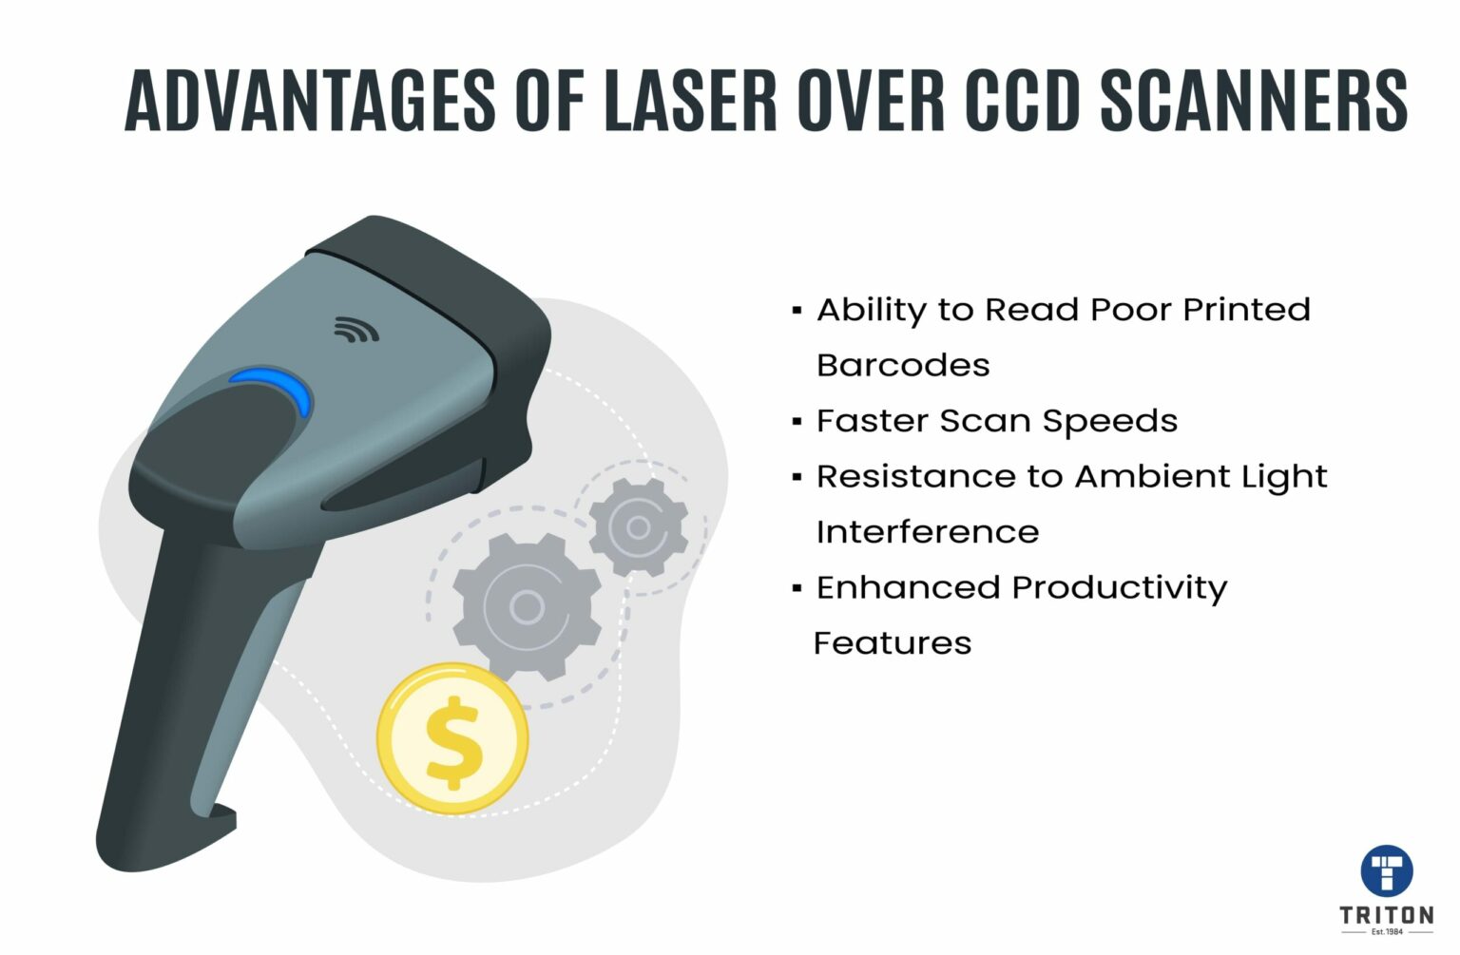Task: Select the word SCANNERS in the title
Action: click(1254, 100)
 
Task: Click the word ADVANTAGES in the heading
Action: click(310, 100)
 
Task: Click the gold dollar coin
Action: click(452, 738)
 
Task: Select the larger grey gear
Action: click(526, 606)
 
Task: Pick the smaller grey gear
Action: click(638, 526)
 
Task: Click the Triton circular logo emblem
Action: click(1387, 869)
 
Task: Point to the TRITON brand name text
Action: click(1387, 915)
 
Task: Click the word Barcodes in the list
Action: click(903, 366)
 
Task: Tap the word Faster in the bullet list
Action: click(870, 421)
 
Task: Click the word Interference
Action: click(928, 532)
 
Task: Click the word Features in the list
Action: click(893, 643)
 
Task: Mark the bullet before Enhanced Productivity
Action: click(797, 588)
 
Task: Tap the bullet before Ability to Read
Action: click(797, 310)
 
